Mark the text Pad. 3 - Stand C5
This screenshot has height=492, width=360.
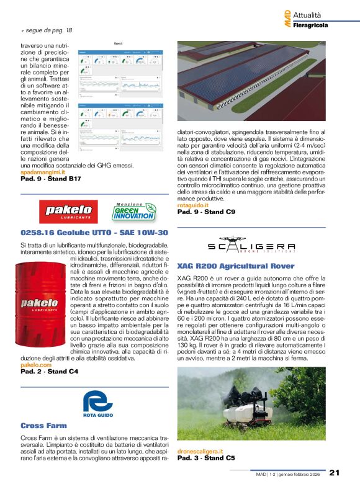coord(206,458)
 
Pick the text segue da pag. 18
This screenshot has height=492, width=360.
coord(49,30)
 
